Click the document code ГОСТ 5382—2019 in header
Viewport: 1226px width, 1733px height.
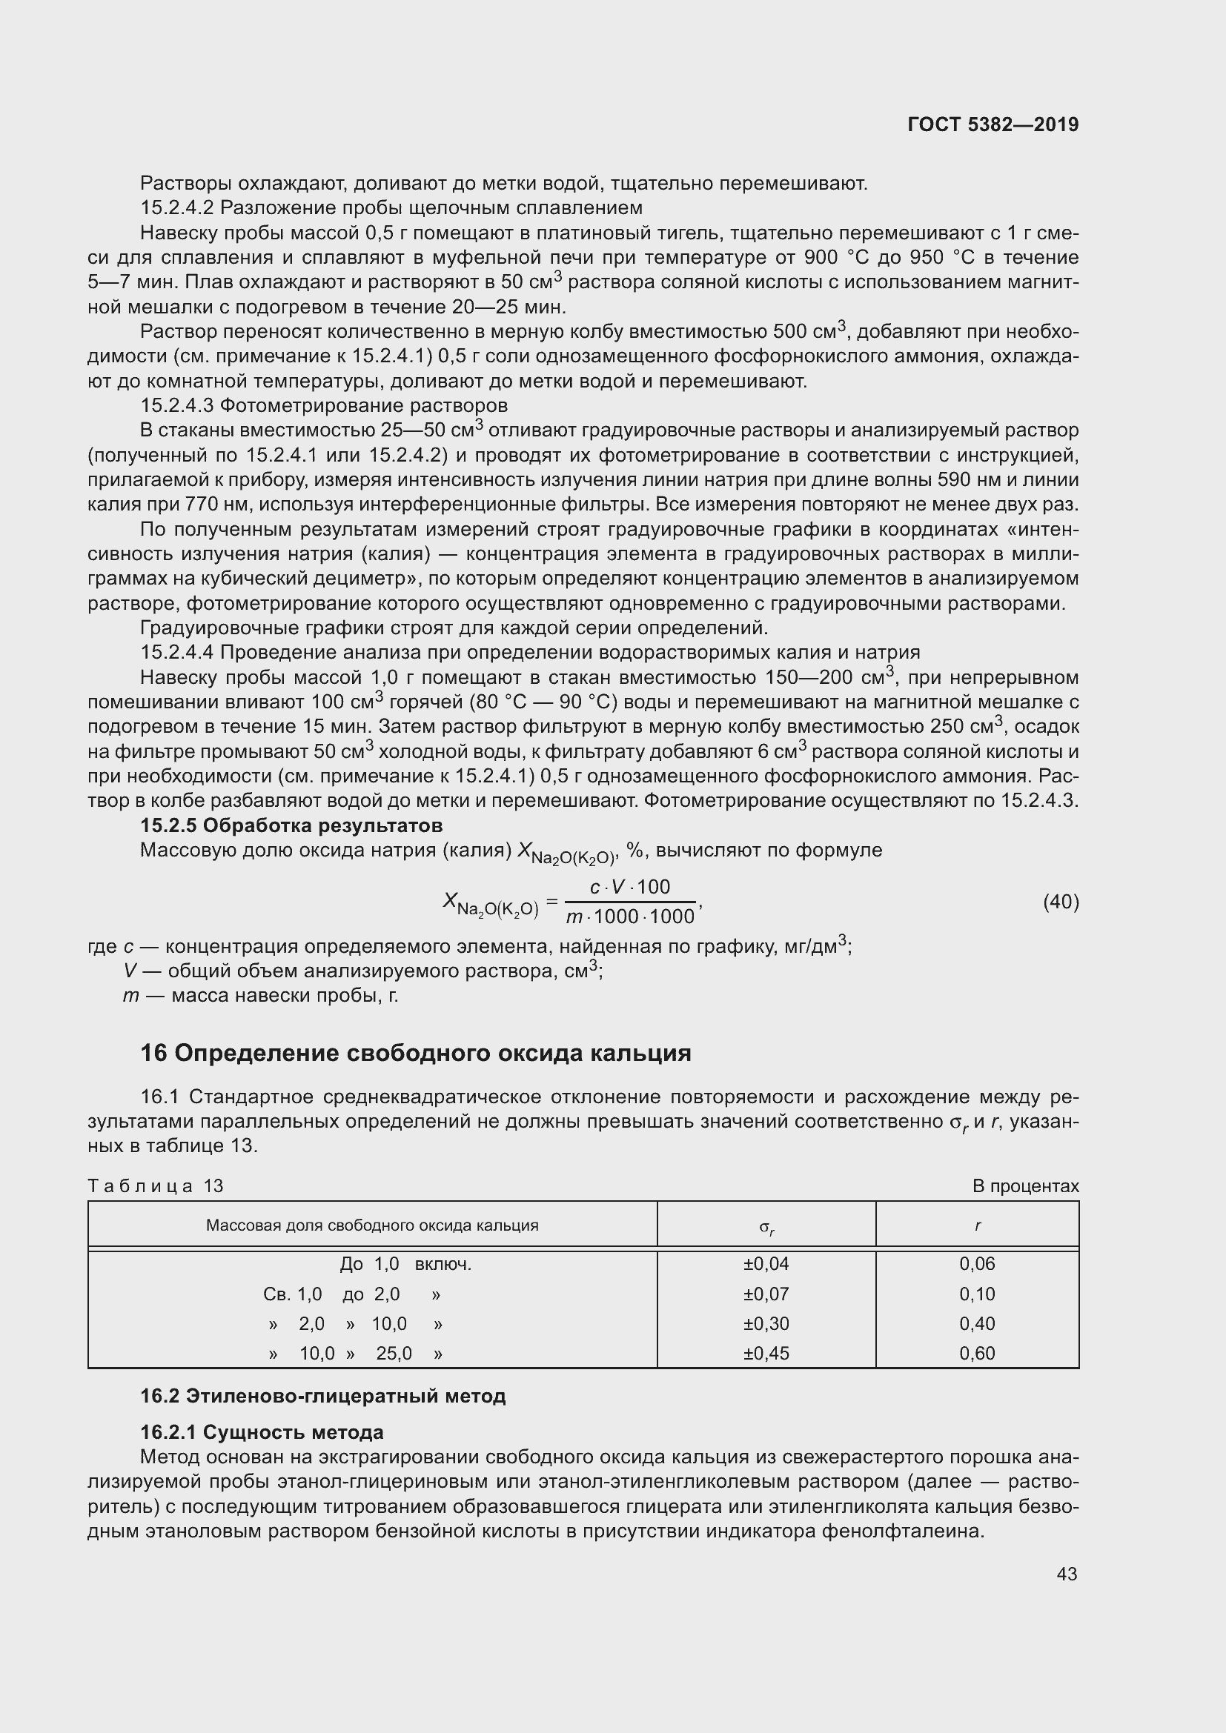(993, 124)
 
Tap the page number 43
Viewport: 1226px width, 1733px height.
(1067, 1574)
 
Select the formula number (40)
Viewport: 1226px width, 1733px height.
(1061, 902)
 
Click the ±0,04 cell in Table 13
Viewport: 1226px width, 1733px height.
(766, 1263)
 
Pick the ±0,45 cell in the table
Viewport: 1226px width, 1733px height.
(766, 1354)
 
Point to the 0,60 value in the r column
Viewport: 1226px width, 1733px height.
(977, 1354)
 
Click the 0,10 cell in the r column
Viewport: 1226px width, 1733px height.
(977, 1294)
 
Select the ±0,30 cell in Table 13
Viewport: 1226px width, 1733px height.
(766, 1323)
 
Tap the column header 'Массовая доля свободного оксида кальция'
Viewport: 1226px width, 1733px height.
(372, 1225)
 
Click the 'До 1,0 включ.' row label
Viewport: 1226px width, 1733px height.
(405, 1263)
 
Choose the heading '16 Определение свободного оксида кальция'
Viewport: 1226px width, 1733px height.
(415, 1053)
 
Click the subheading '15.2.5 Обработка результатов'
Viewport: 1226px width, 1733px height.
(291, 825)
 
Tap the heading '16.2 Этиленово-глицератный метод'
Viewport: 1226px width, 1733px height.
(322, 1396)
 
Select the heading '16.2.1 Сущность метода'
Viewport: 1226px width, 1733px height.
(262, 1432)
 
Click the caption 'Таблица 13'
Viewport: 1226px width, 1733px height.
(156, 1185)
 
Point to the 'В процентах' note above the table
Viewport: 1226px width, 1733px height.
(1025, 1185)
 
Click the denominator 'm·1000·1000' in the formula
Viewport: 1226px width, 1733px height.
(630, 917)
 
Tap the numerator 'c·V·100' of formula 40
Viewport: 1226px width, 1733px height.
(629, 887)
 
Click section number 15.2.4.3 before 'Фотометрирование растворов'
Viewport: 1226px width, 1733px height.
(177, 405)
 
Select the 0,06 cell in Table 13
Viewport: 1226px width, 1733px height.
(977, 1263)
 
